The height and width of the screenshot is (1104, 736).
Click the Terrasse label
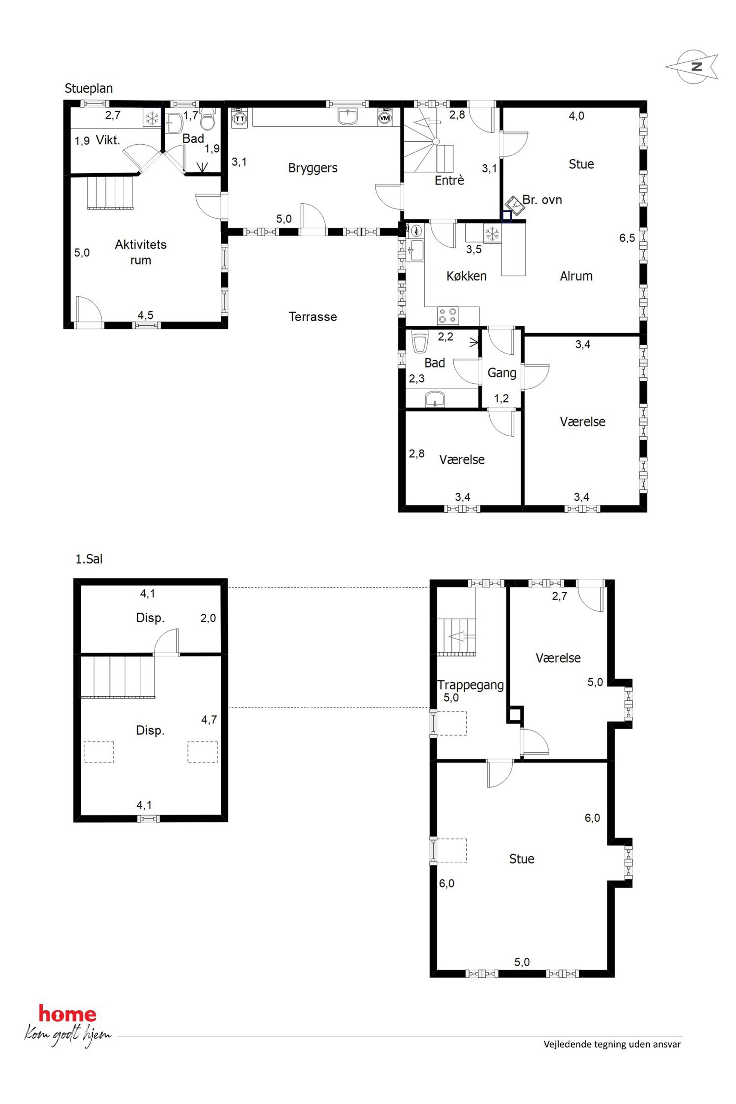coord(313,317)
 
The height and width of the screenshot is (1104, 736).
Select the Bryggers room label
coord(313,168)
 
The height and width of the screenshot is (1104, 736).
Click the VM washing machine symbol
coord(385,118)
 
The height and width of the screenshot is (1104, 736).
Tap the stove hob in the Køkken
coord(448,315)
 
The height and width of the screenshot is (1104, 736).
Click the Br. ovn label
coord(542,200)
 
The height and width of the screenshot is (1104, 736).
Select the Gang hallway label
coord(502,373)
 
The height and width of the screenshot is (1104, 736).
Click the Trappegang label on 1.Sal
coord(470,685)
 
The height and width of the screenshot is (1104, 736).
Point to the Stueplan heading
coord(89,89)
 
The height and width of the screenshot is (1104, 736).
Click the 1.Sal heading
coord(89,559)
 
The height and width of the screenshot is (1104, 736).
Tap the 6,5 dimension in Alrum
coord(627,238)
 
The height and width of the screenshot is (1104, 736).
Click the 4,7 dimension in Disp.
coord(209,720)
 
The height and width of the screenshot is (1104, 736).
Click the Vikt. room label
coord(108,140)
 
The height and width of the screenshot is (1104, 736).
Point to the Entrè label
coord(449,180)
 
